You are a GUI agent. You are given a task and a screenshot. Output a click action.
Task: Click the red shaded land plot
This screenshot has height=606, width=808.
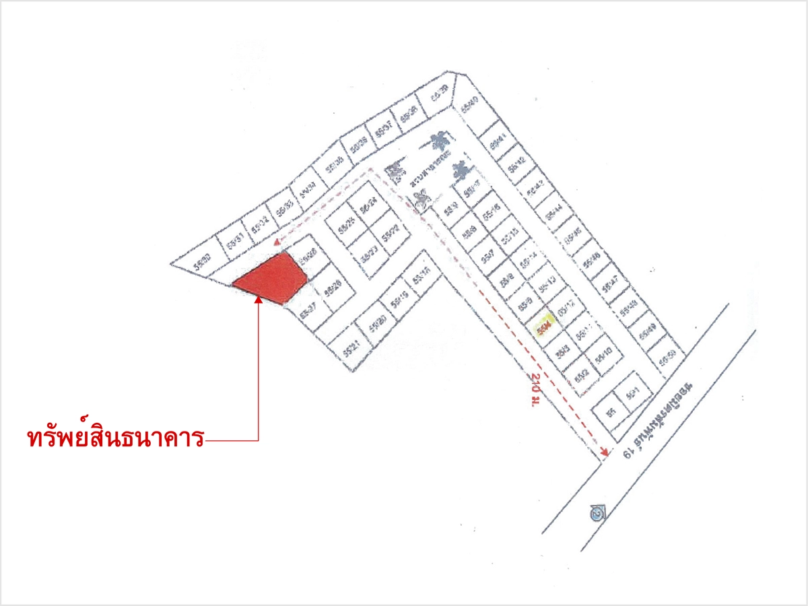269,279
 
